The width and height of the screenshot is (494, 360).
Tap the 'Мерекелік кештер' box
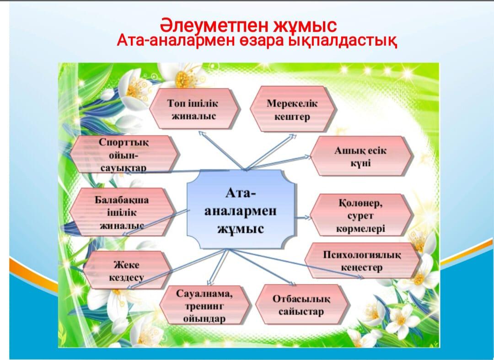click(293, 109)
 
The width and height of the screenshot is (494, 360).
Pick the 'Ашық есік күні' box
click(361, 156)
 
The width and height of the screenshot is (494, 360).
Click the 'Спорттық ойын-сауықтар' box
click(124, 154)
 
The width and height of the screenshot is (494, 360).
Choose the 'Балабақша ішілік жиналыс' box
click(122, 212)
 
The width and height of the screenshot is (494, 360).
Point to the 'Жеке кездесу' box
click(127, 270)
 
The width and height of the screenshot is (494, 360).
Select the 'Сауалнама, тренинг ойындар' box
click(204, 306)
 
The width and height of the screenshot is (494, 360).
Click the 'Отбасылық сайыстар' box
click(302, 305)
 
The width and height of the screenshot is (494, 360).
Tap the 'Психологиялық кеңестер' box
click(362, 260)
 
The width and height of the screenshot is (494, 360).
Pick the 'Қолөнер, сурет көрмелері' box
click(361, 215)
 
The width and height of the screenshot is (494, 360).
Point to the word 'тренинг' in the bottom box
click(204, 306)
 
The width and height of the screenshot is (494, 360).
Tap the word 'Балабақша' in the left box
click(122, 200)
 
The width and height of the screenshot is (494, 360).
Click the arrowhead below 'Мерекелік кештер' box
click(293, 137)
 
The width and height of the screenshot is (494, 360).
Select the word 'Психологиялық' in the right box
click(362, 254)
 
